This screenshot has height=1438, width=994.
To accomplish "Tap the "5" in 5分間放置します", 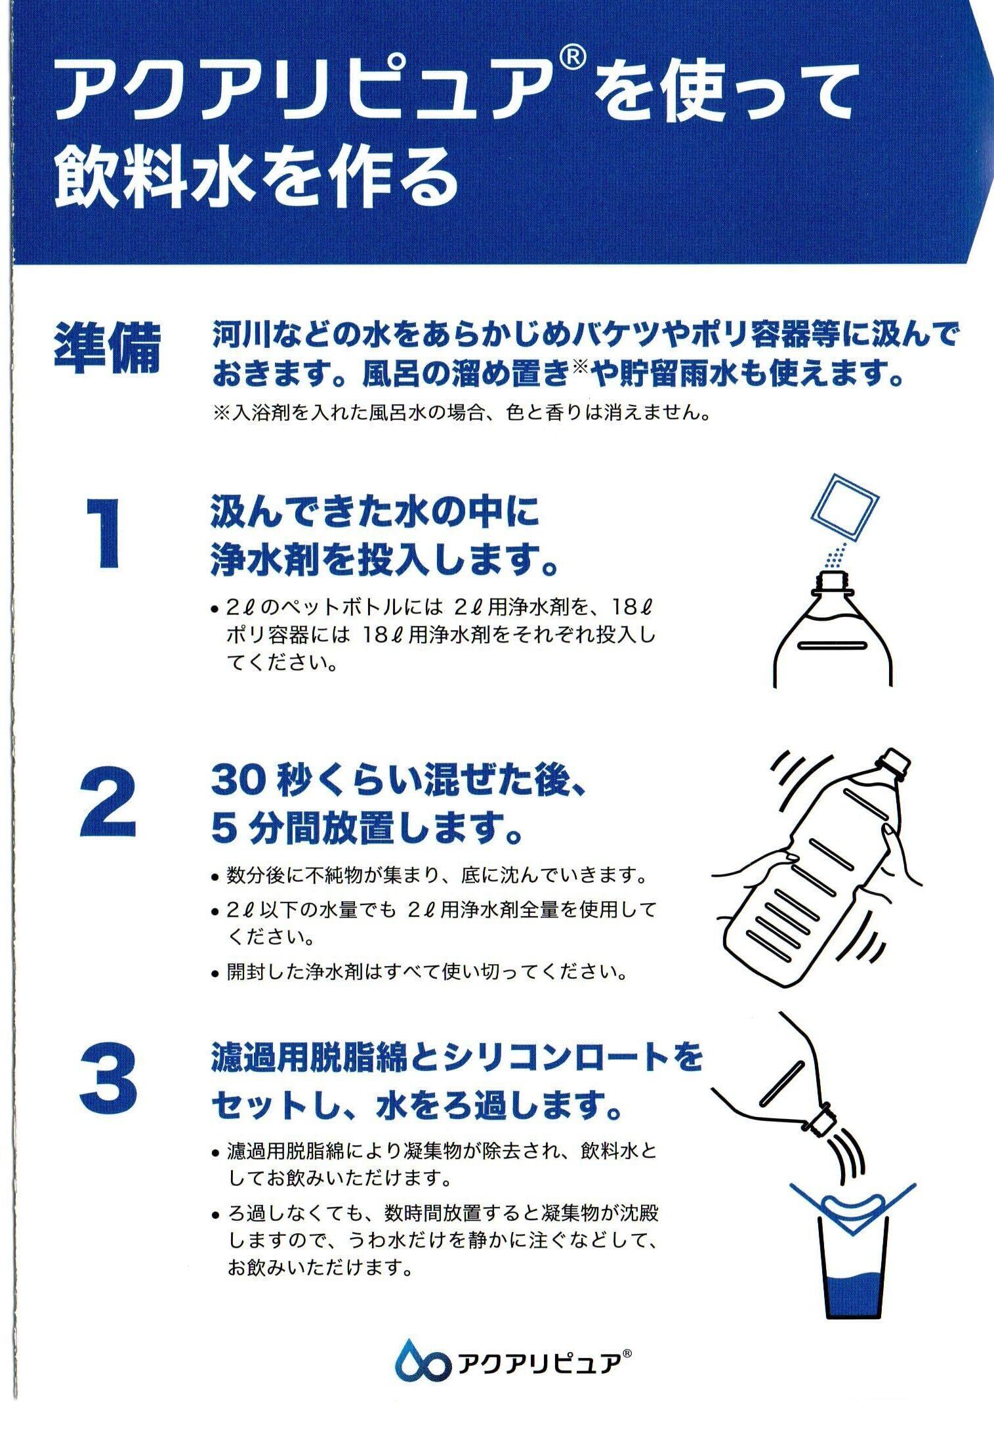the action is coord(222,829).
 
